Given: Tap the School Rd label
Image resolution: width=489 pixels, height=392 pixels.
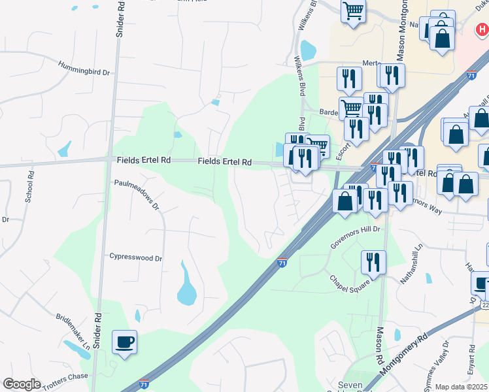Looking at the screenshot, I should (29, 186).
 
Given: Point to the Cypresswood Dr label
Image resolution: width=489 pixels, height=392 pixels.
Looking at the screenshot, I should (135, 258).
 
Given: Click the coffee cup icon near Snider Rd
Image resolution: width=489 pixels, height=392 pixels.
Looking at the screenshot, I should (124, 341).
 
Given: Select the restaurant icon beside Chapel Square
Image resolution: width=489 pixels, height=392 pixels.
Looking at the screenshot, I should (373, 262).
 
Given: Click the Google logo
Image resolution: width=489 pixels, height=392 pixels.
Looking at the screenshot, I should (22, 384).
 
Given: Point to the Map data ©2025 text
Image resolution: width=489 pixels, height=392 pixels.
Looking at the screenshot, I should (462, 387).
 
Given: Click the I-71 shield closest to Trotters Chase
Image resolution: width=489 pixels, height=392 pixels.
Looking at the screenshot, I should (143, 384).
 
